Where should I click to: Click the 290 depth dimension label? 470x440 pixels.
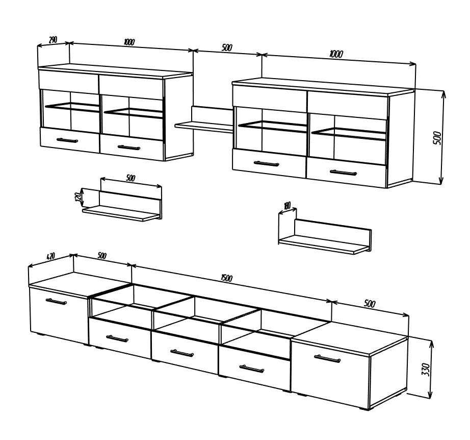(x=53, y=40)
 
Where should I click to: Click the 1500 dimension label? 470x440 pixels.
(x=226, y=278)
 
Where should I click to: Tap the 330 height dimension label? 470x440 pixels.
(x=426, y=370)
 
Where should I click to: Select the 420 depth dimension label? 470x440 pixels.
(x=51, y=256)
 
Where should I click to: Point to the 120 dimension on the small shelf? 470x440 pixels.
(x=78, y=197)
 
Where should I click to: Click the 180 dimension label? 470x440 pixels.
(x=287, y=206)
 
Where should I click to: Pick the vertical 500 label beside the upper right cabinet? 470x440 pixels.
(x=437, y=138)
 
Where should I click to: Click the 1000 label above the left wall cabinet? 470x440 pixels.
(x=129, y=42)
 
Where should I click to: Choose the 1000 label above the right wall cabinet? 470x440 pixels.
(x=336, y=54)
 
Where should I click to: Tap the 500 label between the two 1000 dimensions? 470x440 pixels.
(x=227, y=47)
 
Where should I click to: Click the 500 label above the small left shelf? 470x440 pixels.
(x=130, y=178)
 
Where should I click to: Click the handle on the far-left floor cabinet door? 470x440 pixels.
(x=57, y=301)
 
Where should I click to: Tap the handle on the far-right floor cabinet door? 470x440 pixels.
(x=327, y=358)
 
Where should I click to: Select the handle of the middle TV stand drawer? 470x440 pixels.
(x=181, y=353)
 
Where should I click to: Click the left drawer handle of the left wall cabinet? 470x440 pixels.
(x=67, y=140)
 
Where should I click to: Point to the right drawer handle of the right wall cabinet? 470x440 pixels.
(x=344, y=173)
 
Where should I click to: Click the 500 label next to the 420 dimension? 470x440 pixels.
(x=102, y=256)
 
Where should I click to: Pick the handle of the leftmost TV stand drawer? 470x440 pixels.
(x=117, y=338)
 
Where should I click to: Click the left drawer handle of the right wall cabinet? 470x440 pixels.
(x=266, y=163)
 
